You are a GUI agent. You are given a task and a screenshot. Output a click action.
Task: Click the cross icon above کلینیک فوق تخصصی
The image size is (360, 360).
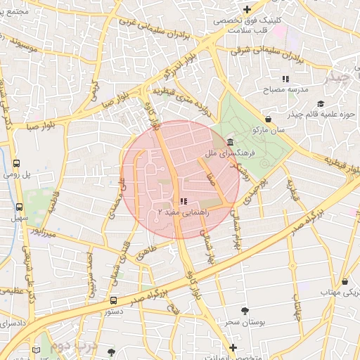pos(247,9)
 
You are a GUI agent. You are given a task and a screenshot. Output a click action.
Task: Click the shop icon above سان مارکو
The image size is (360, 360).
pos(269,119)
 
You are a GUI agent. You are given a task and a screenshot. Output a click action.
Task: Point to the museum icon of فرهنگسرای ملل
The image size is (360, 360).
pos(231,143)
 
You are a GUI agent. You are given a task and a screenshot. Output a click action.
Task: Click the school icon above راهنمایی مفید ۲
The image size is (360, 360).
pos(184,202)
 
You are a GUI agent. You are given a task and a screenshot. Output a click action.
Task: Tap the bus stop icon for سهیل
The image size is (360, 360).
pos(19,207)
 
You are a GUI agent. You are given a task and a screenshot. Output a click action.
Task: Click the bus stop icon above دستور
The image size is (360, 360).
pos(113,300)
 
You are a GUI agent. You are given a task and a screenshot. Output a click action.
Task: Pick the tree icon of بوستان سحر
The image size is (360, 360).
pos(245,311)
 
